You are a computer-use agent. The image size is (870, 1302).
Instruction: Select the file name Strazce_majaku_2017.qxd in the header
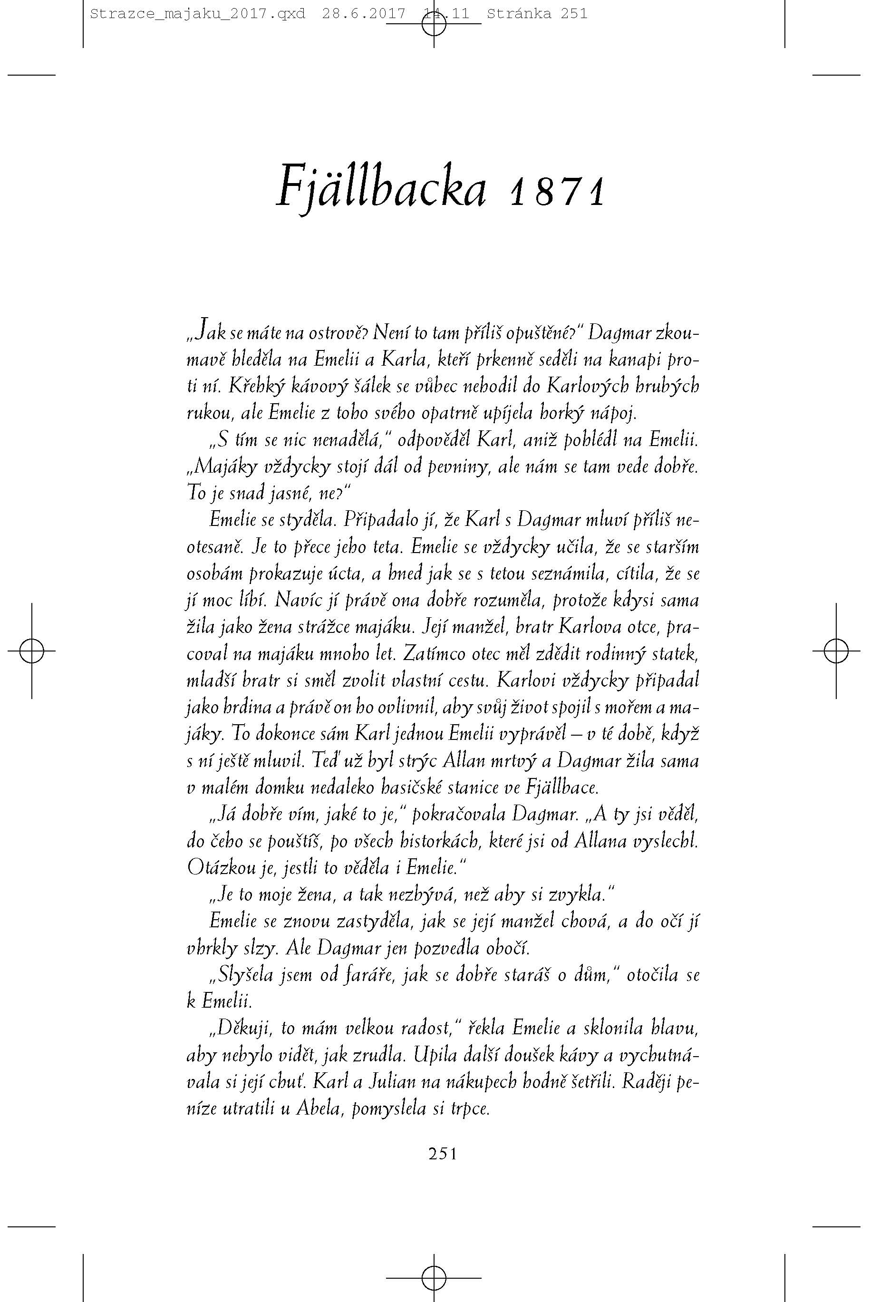click(197, 13)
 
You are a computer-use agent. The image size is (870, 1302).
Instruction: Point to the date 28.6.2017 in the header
click(363, 13)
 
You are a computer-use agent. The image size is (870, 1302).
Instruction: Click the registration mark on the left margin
click(32, 650)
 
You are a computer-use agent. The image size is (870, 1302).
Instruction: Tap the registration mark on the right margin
click(836, 650)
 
